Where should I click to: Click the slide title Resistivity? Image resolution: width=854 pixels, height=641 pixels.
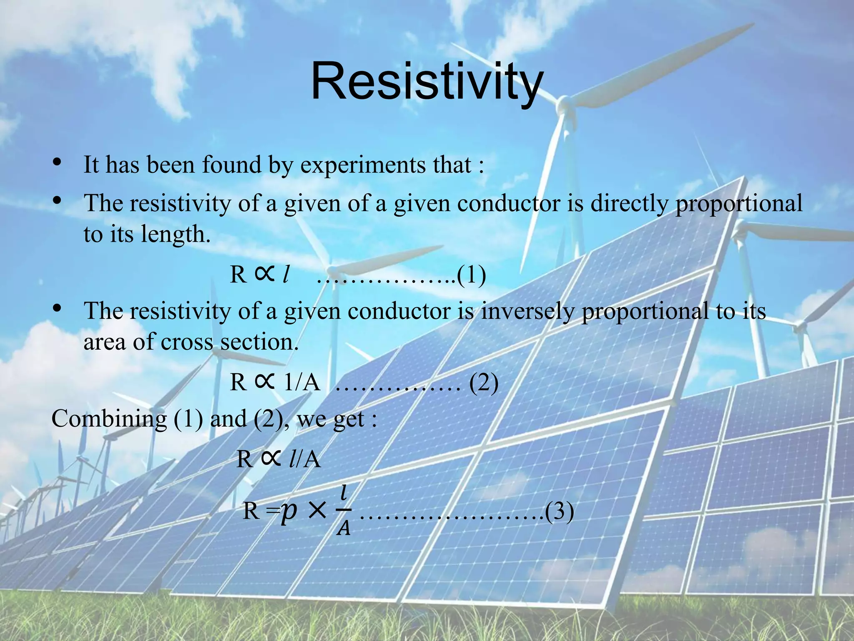(x=427, y=81)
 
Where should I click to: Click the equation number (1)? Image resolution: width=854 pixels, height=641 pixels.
(x=471, y=275)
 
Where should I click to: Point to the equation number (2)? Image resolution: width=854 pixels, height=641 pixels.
(x=484, y=382)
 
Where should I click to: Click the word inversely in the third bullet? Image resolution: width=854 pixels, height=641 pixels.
(x=527, y=311)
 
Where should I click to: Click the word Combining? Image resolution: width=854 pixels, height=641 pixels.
(x=109, y=419)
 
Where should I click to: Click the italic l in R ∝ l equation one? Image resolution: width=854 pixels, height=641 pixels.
(x=285, y=275)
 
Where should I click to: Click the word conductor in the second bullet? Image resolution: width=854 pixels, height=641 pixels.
(x=508, y=204)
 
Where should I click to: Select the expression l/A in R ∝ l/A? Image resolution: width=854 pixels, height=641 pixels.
(x=304, y=460)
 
